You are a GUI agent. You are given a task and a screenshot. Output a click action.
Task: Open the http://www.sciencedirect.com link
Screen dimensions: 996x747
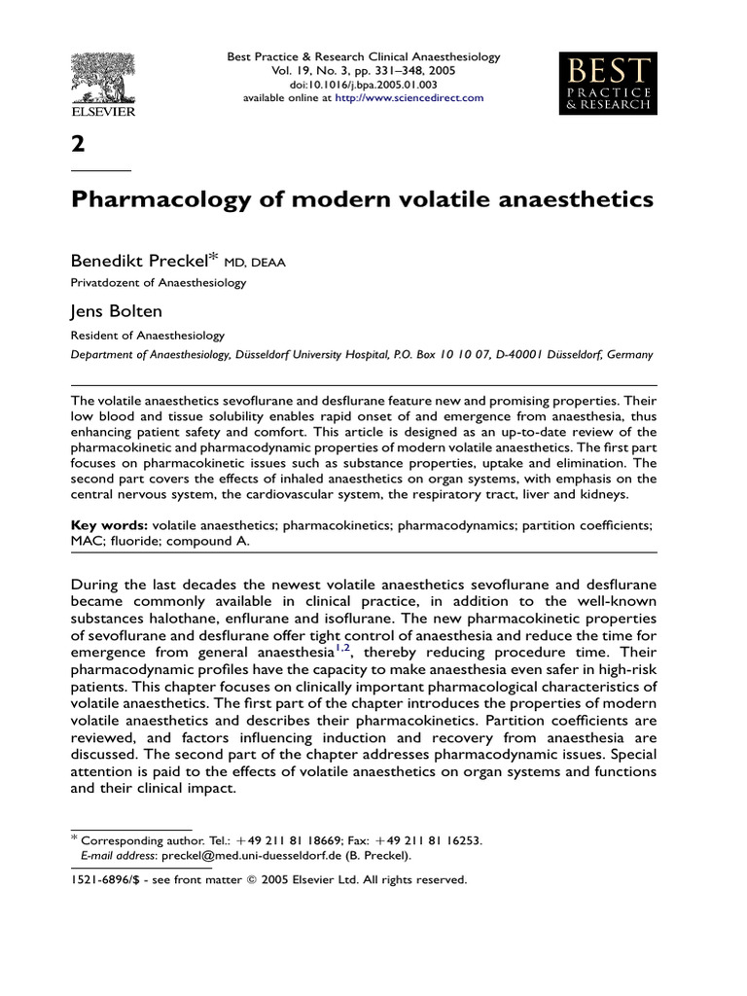409,98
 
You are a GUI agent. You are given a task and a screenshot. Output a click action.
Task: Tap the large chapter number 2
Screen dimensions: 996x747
78,144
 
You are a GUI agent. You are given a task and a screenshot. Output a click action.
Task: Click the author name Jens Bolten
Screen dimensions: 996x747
115,311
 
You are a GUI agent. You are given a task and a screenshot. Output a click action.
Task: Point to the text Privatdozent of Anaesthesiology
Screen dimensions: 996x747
159,283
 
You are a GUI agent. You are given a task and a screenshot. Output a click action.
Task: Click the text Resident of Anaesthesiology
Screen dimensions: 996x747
148,335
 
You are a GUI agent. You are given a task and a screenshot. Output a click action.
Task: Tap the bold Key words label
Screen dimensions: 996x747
109,525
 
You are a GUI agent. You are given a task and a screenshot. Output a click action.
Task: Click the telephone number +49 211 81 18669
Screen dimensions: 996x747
291,840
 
